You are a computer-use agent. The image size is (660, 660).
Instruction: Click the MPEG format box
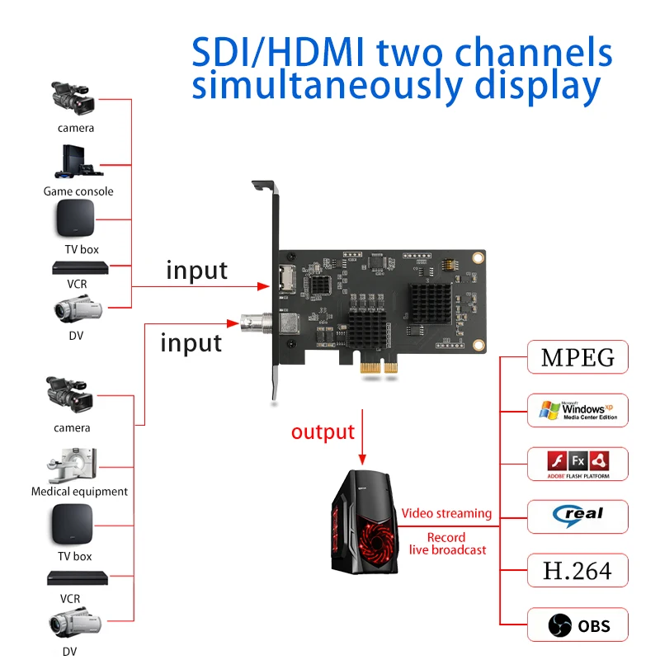click(577, 358)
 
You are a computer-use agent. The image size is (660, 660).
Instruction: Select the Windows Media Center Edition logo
click(577, 410)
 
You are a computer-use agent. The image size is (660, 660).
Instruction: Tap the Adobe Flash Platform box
click(577, 464)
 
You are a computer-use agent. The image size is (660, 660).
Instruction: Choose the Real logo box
click(577, 516)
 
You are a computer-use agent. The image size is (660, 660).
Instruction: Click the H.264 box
click(577, 570)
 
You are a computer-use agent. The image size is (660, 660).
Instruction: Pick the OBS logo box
click(577, 625)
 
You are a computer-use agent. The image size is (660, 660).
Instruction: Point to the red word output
click(323, 431)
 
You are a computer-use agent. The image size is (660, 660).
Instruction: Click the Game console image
click(78, 162)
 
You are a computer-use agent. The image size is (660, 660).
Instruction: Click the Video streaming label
click(446, 513)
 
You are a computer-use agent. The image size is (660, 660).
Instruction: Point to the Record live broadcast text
click(446, 544)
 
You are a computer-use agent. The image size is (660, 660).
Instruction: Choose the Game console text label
click(78, 191)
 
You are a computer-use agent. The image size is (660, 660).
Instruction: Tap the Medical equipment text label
click(79, 492)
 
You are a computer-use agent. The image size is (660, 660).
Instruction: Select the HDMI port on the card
click(286, 280)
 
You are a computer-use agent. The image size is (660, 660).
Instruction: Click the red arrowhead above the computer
click(361, 457)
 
